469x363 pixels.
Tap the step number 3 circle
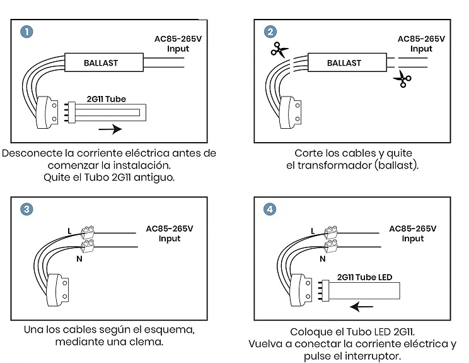click(x=26, y=209)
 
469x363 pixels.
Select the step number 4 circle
click(x=270, y=209)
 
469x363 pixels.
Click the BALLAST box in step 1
click(x=101, y=62)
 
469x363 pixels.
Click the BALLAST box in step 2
click(x=344, y=62)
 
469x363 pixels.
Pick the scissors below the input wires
click(x=402, y=80)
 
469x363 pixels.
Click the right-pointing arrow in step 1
click(x=111, y=130)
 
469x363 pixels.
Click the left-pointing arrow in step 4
click(x=362, y=307)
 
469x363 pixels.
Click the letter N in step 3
click(x=79, y=258)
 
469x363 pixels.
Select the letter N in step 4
click(x=323, y=258)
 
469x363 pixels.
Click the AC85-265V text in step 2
click(x=421, y=39)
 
